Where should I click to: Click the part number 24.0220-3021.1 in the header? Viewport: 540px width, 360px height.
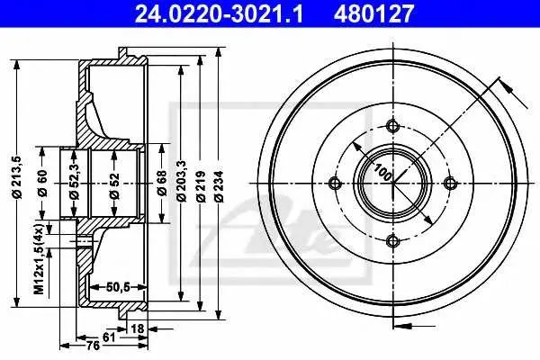(219, 13)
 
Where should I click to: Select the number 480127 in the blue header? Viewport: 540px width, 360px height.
(373, 13)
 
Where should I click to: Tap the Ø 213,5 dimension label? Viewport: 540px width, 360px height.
(18, 177)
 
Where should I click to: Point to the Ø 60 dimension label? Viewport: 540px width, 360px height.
(42, 184)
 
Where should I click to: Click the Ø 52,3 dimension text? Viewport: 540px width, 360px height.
(75, 181)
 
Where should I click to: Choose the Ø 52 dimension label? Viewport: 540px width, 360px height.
(114, 186)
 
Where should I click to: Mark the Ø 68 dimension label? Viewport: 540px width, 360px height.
(161, 183)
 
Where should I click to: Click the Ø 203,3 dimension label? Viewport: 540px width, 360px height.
(181, 181)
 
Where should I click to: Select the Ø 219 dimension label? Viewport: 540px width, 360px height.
(201, 186)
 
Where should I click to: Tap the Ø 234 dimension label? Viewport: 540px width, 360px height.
(219, 186)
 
